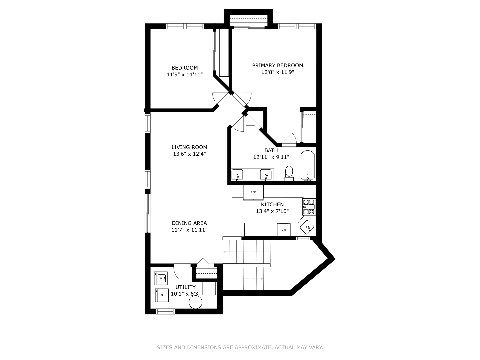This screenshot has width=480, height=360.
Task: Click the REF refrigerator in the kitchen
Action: (253, 192)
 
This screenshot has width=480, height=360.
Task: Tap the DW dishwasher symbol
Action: (284, 230)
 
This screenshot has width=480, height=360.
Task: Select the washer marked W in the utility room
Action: (161, 278)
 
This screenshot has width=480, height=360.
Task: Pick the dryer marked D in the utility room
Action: (162, 295)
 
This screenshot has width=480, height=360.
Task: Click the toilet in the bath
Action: (289, 173)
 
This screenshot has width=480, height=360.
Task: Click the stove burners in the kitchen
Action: (309, 207)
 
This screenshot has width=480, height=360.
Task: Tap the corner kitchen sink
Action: (307, 227)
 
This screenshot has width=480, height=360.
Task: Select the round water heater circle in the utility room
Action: (195, 302)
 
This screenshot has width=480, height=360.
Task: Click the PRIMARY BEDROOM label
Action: (278, 65)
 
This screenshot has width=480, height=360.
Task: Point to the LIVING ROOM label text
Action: (189, 147)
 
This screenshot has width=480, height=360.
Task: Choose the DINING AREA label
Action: (189, 223)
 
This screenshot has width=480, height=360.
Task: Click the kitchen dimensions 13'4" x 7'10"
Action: (272, 211)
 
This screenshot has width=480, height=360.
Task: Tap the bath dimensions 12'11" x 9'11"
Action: (271, 157)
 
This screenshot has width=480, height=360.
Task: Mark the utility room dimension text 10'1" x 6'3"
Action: (186, 294)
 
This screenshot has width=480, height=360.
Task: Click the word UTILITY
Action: (186, 287)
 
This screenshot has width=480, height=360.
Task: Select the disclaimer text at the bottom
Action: (240, 347)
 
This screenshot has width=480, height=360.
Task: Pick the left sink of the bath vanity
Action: (237, 175)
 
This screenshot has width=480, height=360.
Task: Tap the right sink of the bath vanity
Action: (266, 175)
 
